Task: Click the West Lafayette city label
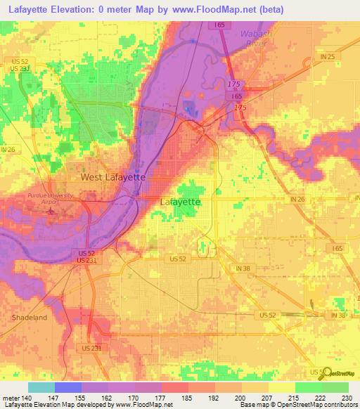point(112,178)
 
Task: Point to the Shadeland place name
point(29,318)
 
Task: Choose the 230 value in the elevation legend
point(347,397)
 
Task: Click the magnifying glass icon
point(325,374)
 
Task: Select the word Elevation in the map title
point(75,9)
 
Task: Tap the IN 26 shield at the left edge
point(8,150)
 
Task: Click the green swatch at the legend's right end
point(335,387)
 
